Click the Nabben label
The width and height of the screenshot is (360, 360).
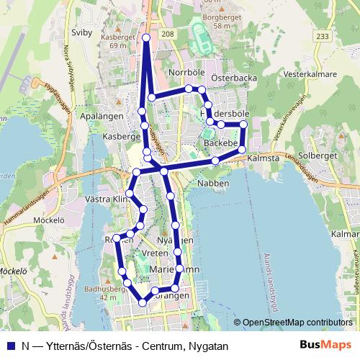click(x=214, y=184)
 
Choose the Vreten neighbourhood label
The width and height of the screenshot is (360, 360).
click(x=156, y=254)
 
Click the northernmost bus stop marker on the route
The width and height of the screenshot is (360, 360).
click(x=146, y=37)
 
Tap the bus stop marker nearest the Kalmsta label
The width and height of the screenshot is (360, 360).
click(x=242, y=149)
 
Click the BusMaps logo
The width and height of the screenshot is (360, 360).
click(x=330, y=346)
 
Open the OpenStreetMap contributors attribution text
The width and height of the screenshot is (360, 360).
click(x=297, y=323)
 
